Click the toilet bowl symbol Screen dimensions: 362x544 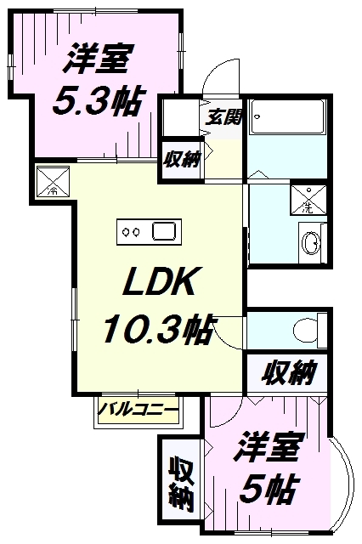tap(305, 331)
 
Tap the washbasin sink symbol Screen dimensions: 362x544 tap(311, 243)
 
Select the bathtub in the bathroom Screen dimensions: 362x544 tap(287, 116)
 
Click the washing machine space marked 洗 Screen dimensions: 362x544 tap(308, 200)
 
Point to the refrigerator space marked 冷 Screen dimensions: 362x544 tap(53, 181)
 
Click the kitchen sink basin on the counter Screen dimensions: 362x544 tap(164, 232)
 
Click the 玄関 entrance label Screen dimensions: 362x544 tap(223, 117)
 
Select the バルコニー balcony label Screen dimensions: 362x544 tap(138, 411)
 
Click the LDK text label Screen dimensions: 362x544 tap(158, 281)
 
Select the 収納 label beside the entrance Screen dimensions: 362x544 tap(182, 159)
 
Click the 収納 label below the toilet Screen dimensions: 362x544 tap(288, 373)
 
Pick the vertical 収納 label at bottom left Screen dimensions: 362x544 tap(181, 484)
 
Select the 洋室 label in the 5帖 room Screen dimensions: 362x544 tap(267, 447)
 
